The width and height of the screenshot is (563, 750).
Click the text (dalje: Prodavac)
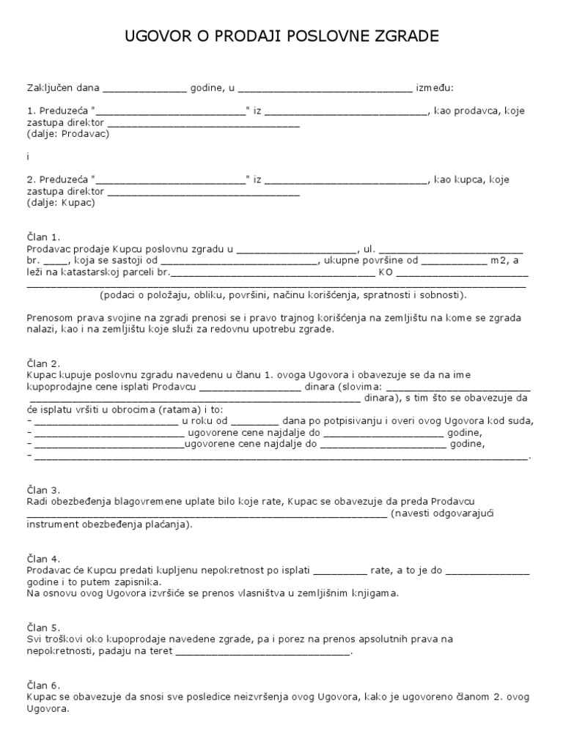point(68,135)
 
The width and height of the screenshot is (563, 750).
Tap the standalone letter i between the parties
point(28,157)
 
